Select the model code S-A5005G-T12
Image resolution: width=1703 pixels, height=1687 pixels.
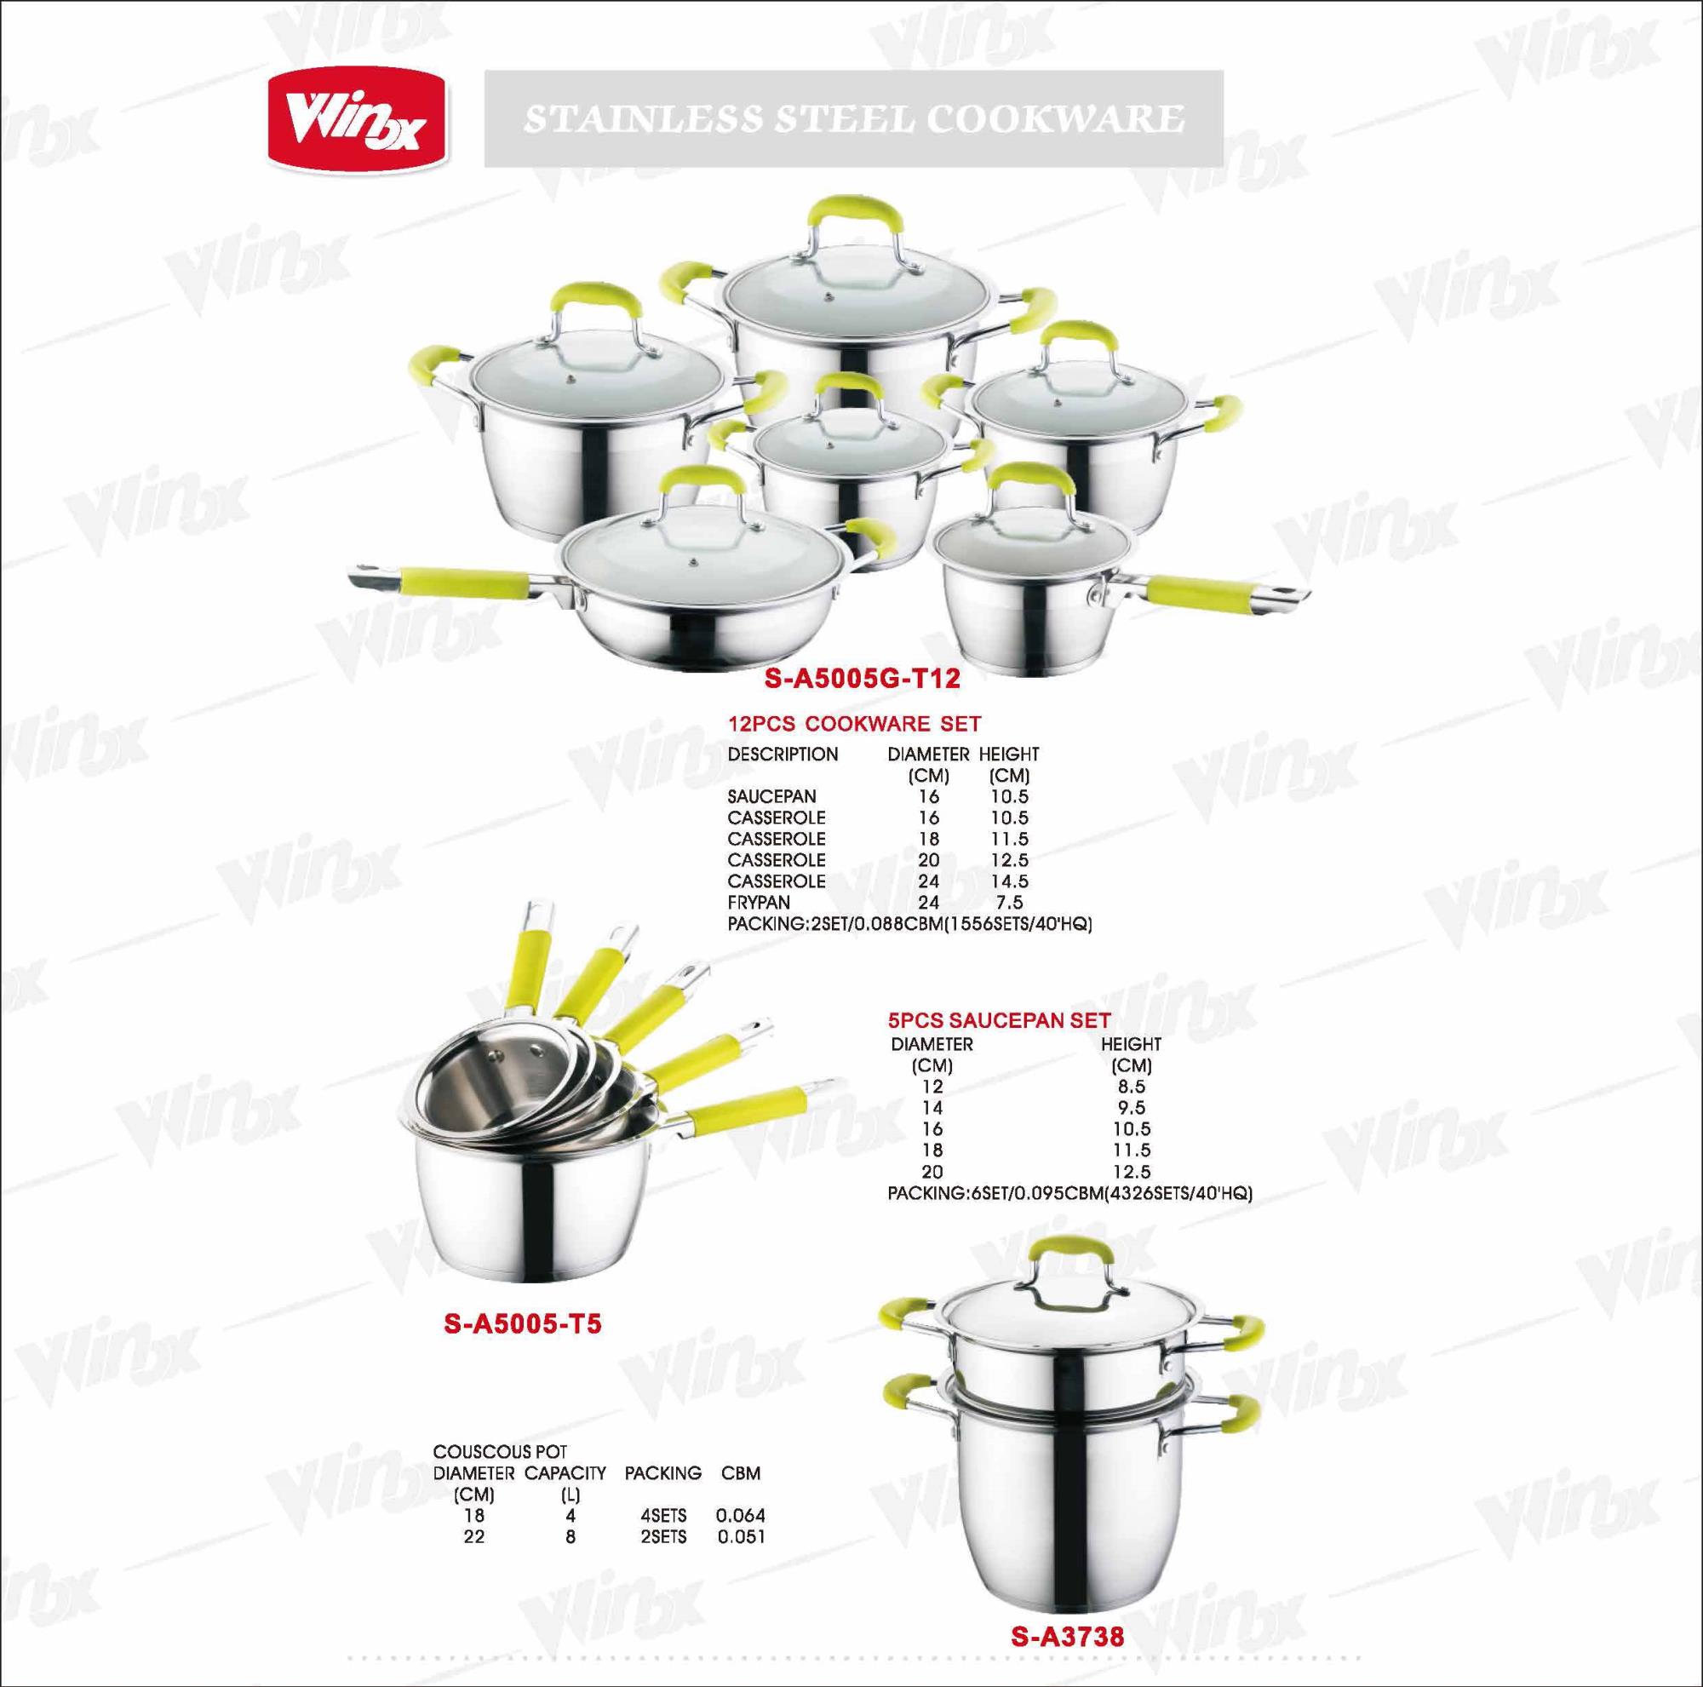pos(861,679)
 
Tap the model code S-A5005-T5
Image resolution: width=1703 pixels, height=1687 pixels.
pos(524,1348)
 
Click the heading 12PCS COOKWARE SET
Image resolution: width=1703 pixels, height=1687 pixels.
pos(854,724)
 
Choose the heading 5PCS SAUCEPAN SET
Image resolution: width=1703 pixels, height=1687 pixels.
pos(999,1020)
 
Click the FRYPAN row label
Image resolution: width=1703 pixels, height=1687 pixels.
pos(759,903)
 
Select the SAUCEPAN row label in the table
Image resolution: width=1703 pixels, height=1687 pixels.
pos(772,797)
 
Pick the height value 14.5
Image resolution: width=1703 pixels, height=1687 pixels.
pos(1008,881)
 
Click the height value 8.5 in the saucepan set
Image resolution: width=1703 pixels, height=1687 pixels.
pos(1131,1087)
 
